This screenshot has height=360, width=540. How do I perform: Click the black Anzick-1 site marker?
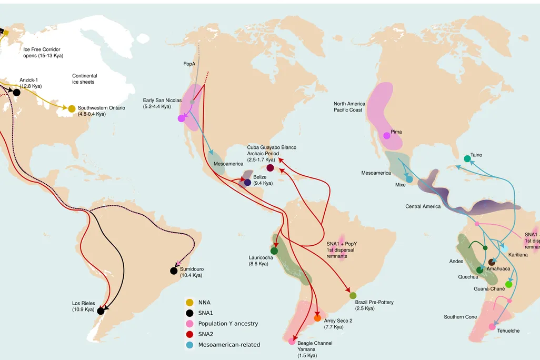coord(16,93)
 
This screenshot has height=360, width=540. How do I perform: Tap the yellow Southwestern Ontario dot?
coord(72,109)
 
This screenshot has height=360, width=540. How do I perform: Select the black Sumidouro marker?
coord(174,271)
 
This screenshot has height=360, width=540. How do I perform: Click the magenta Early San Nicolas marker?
coord(182,118)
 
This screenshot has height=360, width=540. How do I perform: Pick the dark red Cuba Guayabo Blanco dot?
coord(270,168)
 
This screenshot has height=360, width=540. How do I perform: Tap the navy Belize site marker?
coord(247,183)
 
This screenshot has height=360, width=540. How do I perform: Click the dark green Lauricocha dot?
coord(274,251)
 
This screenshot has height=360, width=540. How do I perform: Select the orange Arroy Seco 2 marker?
coord(317,318)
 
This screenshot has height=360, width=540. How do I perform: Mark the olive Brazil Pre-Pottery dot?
coord(353,296)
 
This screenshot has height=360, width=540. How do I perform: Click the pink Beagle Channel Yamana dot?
coord(292,342)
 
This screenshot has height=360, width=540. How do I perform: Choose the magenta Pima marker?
coord(387,135)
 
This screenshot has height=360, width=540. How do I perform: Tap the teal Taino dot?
coord(467,158)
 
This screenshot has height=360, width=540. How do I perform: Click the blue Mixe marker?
coord(409,179)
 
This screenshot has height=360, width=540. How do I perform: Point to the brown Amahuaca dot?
coord(492,262)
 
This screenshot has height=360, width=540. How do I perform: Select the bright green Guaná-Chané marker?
coord(509,284)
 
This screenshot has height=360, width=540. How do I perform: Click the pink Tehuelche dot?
coord(492,327)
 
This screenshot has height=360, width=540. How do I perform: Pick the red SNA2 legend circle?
coord(189,334)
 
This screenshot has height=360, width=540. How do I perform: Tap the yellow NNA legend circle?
coord(189,303)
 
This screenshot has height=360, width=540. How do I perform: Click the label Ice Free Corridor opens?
coord(42,53)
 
